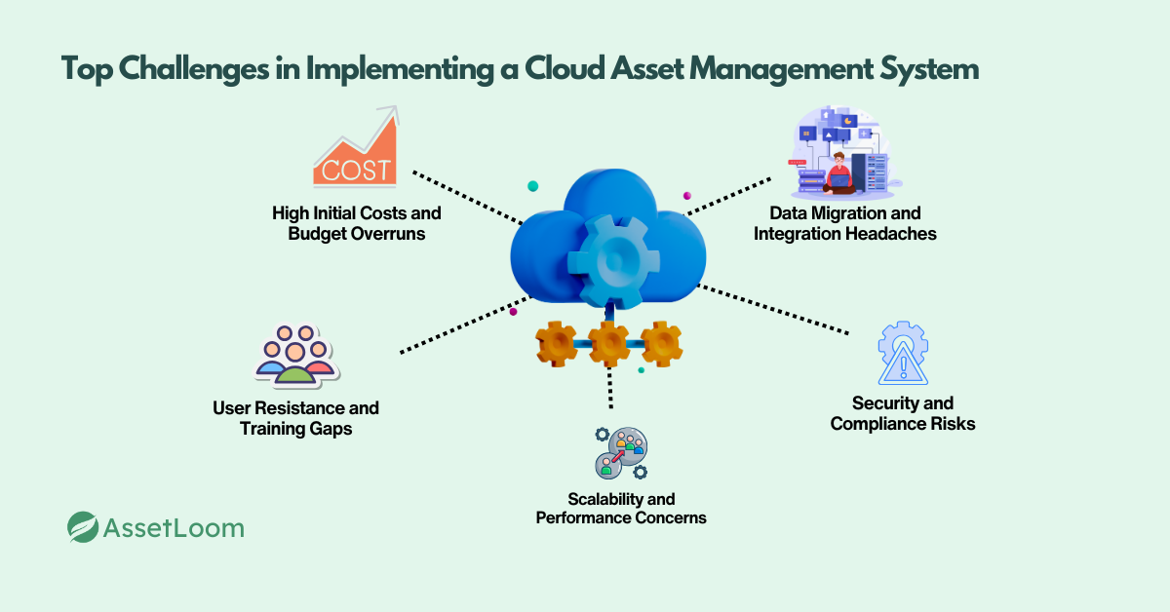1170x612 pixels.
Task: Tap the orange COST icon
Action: pos(357,150)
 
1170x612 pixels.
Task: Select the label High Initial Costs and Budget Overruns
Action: pos(357,223)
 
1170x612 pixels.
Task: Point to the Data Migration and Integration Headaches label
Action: pos(844,223)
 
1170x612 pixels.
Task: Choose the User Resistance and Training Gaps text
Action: pos(295,418)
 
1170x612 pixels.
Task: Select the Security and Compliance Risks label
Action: pos(903,413)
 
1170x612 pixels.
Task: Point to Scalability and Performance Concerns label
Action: pos(621,508)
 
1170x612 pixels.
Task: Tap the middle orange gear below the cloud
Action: pos(609,343)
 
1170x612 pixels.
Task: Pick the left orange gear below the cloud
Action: pos(557,343)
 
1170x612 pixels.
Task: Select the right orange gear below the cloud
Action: pos(661,343)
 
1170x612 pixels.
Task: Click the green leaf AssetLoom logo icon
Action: pos(83,527)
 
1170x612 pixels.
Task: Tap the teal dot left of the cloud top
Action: pos(532,185)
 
